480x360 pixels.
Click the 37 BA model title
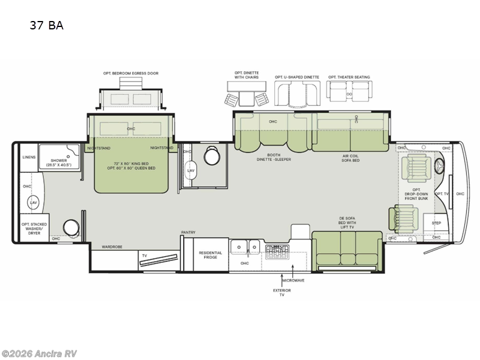pos(46,25)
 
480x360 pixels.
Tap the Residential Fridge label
pos(210,254)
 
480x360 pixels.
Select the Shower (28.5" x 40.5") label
pos(59,162)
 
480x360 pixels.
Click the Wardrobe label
pos(112,246)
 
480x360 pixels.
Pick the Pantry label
pos(188,232)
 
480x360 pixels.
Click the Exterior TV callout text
pos(282,293)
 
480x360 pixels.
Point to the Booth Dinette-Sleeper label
pos(273,158)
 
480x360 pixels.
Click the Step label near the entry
pos(436,223)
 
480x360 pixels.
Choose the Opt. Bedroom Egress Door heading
pos(130,73)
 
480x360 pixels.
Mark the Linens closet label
pos(29,157)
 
